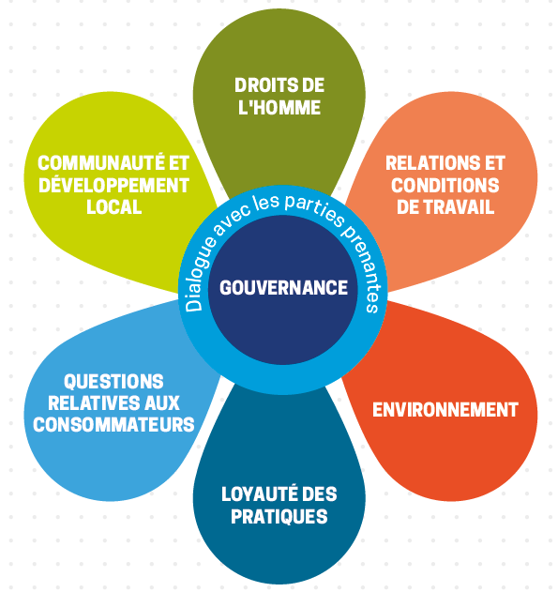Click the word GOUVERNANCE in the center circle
tap(283, 288)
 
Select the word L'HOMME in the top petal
tap(279, 108)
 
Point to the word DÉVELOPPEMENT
tap(113, 185)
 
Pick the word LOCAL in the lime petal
tap(113, 207)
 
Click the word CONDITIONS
tap(445, 185)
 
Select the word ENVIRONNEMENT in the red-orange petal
tap(445, 410)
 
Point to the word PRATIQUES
tap(279, 516)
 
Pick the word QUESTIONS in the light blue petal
tap(113, 381)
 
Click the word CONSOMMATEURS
tap(113, 425)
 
